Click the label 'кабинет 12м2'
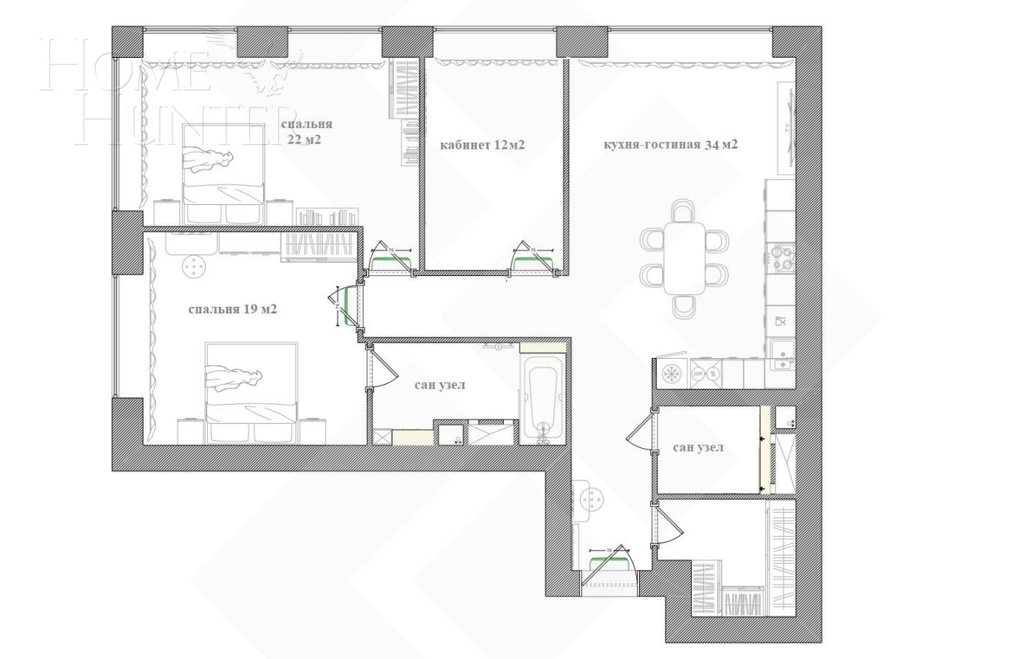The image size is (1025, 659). [x=482, y=145]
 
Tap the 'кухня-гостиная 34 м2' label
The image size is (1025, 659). [x=670, y=144]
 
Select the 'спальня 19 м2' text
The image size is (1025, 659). [x=232, y=309]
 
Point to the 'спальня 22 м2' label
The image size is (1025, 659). [x=305, y=132]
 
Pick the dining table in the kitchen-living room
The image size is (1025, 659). [x=685, y=258]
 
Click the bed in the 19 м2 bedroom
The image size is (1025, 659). [x=251, y=392]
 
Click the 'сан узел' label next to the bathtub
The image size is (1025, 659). [x=439, y=384]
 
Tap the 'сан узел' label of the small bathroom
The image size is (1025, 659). [x=698, y=447]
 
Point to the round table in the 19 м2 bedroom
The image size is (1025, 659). [x=193, y=267]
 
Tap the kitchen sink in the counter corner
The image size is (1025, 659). [x=782, y=354]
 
